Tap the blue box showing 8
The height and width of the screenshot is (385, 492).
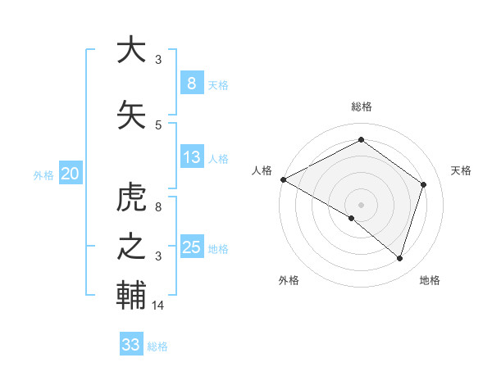click(x=191, y=84)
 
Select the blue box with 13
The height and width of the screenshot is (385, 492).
click(x=191, y=157)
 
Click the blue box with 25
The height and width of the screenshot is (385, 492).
click(x=191, y=247)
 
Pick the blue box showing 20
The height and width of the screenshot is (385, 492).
click(x=70, y=173)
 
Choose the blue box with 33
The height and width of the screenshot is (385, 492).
click(x=130, y=345)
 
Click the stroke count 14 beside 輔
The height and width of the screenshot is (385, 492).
click(x=158, y=306)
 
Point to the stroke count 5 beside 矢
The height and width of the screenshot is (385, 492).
click(x=158, y=125)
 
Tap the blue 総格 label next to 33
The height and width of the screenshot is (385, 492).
click(x=157, y=346)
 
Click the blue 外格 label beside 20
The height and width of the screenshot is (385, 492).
click(x=43, y=174)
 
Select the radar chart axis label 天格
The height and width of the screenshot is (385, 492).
click(x=462, y=170)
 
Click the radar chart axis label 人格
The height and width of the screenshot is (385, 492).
click(x=262, y=170)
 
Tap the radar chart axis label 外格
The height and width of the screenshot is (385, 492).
click(x=289, y=281)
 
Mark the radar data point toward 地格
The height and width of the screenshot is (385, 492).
click(x=399, y=259)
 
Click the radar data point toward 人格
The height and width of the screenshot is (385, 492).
click(x=283, y=179)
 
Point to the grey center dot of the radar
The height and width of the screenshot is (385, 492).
click(x=361, y=204)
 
